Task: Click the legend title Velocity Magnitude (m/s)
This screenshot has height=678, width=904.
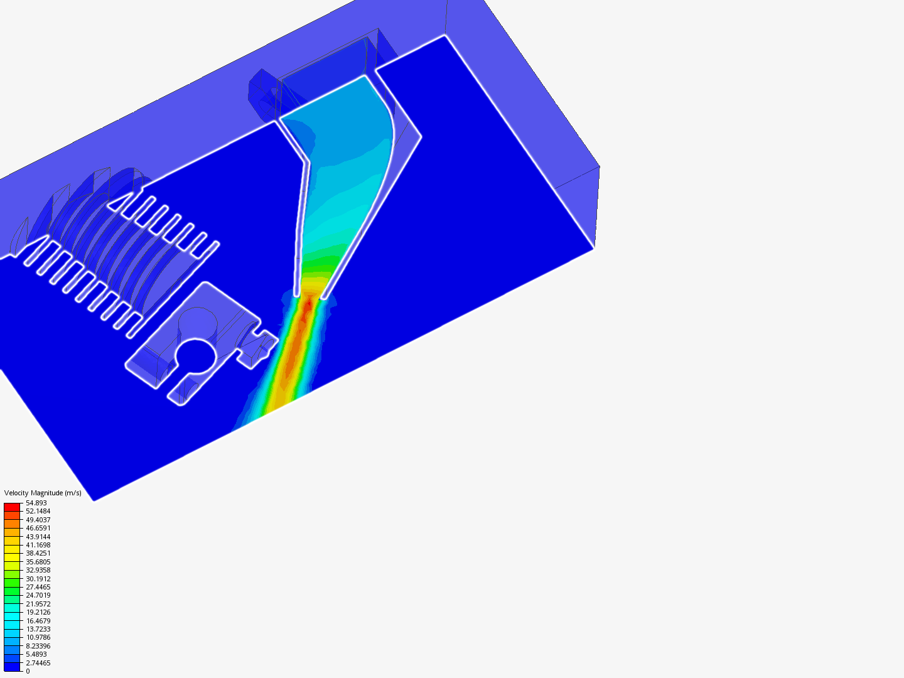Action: click(x=43, y=493)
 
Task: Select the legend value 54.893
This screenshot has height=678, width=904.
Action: click(x=36, y=503)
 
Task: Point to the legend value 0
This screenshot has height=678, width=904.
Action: click(x=28, y=671)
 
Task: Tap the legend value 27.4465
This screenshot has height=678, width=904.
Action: click(x=38, y=587)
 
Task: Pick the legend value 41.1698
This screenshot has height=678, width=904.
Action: click(x=38, y=545)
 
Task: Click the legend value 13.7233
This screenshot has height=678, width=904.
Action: click(x=38, y=629)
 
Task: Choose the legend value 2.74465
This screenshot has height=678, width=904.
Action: click(x=38, y=663)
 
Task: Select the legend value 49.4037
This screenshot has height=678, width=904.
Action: click(x=38, y=520)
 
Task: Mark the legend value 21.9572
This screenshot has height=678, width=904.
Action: click(x=38, y=604)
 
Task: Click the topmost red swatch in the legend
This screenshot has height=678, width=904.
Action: click(x=12, y=507)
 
